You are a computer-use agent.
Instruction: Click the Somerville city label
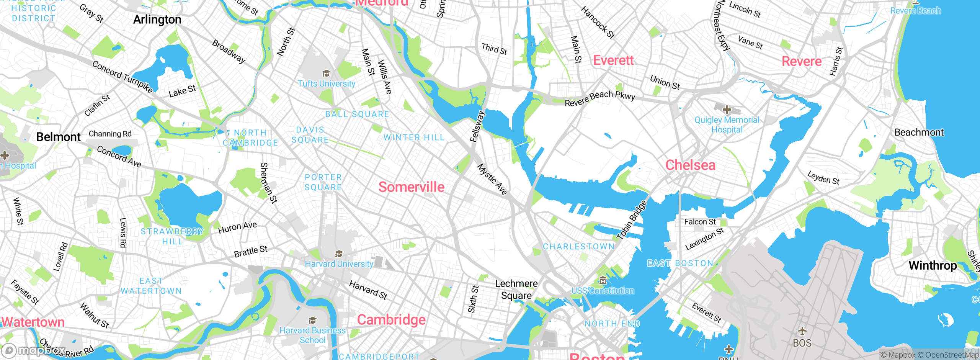coord(411,187)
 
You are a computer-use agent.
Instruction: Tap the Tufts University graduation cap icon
coord(326,74)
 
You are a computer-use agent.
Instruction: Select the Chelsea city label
coord(690,165)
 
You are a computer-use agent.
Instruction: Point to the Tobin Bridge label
coord(632,220)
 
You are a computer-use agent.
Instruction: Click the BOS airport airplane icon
coord(802,331)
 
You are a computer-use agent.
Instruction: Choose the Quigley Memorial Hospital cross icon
coord(727,110)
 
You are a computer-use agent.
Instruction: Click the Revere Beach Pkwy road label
coord(600,98)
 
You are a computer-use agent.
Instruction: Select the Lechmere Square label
coord(516,290)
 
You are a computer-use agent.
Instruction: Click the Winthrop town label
coord(933,265)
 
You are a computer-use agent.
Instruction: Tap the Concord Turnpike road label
coord(122,77)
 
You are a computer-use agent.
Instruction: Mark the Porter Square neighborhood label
coord(323,182)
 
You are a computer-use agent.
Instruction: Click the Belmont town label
coord(58,137)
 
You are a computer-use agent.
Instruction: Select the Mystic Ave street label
coord(492,179)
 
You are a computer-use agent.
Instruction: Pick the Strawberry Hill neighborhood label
coord(172,236)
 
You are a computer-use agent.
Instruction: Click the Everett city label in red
coord(613,61)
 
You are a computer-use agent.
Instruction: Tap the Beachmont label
coord(919,133)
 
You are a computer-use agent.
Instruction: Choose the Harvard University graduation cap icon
coord(339,254)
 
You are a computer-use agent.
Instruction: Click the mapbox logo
coord(33,350)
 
